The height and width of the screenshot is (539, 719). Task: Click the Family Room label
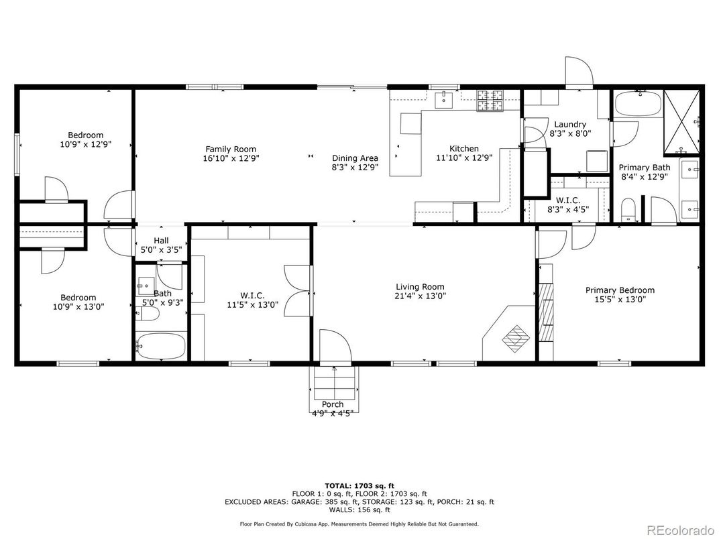[231, 149]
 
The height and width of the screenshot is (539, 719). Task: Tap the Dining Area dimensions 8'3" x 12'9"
[355, 168]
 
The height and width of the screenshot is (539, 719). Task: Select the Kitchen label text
[464, 149]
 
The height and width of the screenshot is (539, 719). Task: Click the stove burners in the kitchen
[490, 101]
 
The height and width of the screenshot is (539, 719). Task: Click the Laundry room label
[570, 125]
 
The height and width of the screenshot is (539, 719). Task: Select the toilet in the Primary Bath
[628, 211]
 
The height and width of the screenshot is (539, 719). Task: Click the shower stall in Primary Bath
[682, 122]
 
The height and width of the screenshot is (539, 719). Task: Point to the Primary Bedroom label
[620, 290]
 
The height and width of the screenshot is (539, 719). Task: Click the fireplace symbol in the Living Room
[516, 339]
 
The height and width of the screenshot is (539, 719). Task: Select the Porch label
[333, 404]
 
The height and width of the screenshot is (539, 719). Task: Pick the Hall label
[161, 240]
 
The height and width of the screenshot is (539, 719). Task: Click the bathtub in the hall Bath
[161, 346]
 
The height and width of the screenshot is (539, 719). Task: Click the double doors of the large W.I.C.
[298, 290]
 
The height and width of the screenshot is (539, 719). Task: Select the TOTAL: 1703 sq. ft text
[359, 486]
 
